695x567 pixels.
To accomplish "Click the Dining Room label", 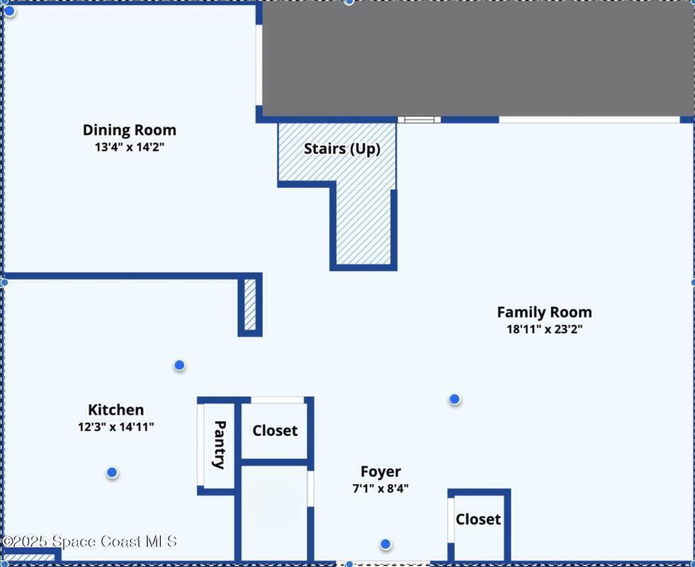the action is point(130,130).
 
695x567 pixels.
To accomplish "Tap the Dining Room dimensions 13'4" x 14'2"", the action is point(130,147).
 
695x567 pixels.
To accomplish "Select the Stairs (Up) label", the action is point(341,149).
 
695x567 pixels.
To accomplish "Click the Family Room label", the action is point(544,312).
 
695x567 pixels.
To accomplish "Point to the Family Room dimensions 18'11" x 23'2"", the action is point(544,329).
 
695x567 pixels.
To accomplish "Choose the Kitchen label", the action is point(115,410).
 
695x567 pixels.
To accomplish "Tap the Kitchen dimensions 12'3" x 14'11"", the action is point(115,427).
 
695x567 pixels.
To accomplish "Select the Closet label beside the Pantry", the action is point(275,430).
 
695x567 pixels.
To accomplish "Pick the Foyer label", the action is point(380,472).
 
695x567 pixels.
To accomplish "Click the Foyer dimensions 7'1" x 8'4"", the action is point(380,488).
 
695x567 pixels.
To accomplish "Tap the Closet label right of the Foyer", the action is point(478,519).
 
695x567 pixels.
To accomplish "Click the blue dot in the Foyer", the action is point(385,544).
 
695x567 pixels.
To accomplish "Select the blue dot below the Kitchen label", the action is point(112,473).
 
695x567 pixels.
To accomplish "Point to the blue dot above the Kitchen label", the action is point(179,365).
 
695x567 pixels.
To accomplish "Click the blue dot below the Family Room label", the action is point(454,400).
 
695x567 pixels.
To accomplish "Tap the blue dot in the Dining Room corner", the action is point(9,11).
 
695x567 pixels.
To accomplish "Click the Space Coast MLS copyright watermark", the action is point(89,541).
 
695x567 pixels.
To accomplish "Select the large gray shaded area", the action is point(478,59).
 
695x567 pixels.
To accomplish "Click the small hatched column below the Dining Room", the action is point(250,305).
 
